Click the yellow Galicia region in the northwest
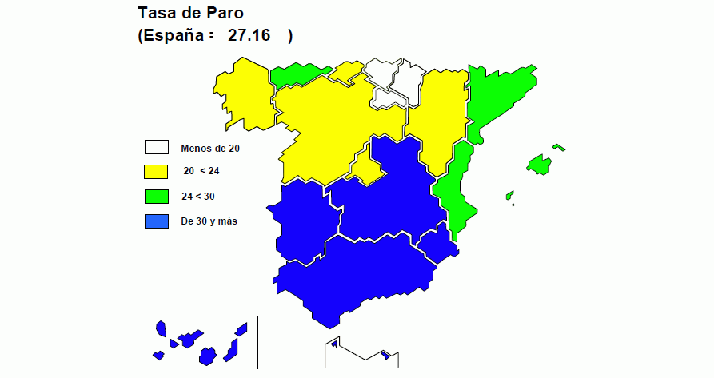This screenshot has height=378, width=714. coord(244,92)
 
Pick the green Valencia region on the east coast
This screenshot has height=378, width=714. coord(452,188)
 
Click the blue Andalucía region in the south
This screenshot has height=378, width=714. coord(352,276)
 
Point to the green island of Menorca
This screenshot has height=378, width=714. coord(559,146)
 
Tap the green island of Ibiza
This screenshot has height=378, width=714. coord(509,194)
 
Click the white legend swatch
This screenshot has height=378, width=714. coord(156,148)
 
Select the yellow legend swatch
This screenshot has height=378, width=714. coord(156,171)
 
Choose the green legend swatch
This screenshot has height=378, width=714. coord(156,196)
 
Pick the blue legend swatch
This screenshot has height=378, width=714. coord(156,221)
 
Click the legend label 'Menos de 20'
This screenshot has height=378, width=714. coord(210,148)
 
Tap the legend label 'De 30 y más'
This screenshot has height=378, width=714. coord(209,221)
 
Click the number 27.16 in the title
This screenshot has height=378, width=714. coord(249,35)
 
